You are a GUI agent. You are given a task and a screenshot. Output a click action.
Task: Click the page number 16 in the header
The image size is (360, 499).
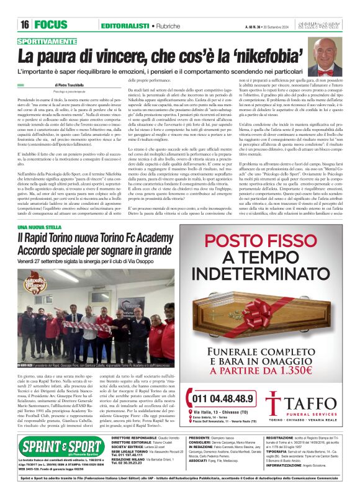point(25,24)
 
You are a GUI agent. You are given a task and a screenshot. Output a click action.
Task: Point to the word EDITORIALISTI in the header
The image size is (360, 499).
point(124,25)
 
